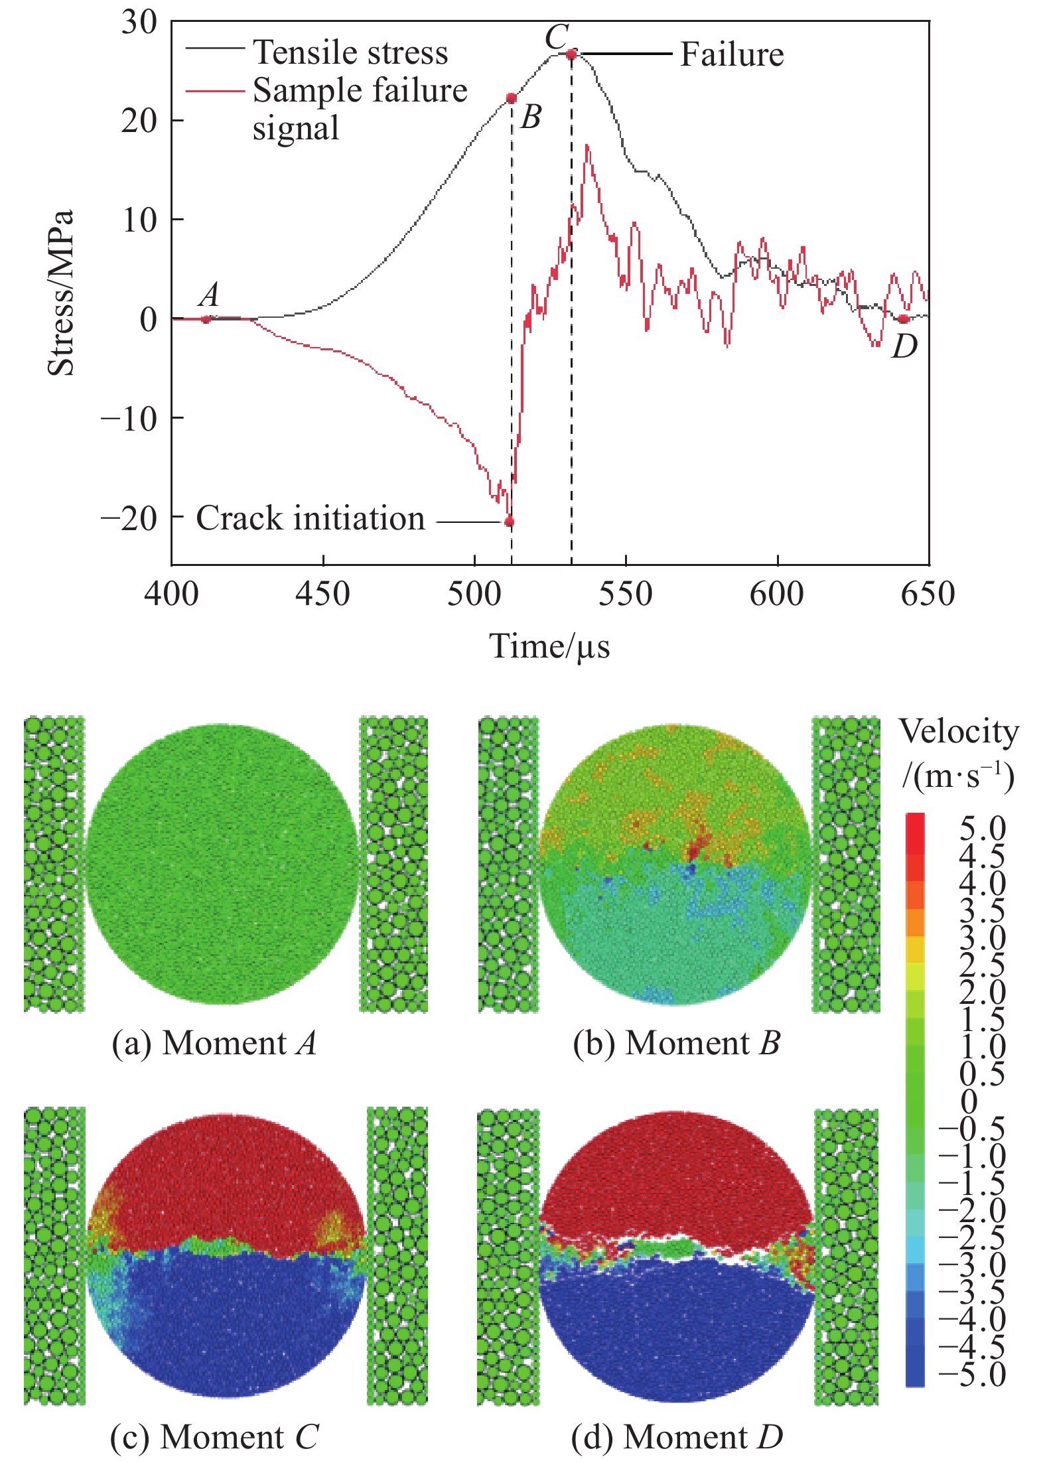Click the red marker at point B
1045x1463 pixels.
tap(511, 98)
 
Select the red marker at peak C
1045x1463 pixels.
tap(571, 54)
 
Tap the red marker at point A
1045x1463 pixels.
tap(206, 319)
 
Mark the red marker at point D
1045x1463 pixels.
tap(903, 319)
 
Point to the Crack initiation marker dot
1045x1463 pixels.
tap(509, 522)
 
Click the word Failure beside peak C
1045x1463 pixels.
tap(732, 54)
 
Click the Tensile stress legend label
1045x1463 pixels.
tap(350, 52)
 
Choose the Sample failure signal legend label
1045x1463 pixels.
tap(360, 109)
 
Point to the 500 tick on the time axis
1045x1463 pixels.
tap(474, 594)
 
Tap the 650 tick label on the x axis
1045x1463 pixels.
tap(928, 594)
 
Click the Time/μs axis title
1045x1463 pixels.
tap(549, 646)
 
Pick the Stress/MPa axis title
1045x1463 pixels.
tap(60, 293)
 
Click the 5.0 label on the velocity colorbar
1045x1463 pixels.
tap(982, 829)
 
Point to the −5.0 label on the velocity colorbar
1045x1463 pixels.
tap(972, 1373)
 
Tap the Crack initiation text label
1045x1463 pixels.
tap(310, 518)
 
